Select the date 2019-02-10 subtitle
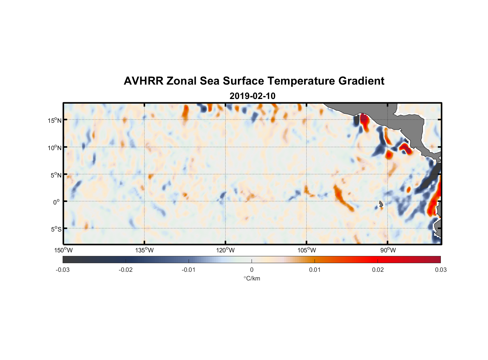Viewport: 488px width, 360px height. coord(252,96)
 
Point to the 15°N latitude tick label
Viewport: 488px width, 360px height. coord(55,120)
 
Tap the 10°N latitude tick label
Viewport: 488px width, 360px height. coord(55,148)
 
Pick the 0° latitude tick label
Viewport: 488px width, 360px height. coord(57,202)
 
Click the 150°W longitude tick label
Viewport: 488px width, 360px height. coord(64,250)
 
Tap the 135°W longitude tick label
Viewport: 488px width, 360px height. coord(145,250)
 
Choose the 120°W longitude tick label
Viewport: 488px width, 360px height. coord(226,250)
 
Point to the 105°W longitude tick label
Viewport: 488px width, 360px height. coord(307,250)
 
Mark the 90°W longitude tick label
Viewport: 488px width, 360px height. coord(388,250)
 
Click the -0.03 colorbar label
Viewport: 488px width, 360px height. coord(63,270)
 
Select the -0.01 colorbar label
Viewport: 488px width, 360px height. coord(189,270)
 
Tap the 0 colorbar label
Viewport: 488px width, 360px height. coord(252,270)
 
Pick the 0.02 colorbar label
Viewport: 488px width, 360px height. coord(378,270)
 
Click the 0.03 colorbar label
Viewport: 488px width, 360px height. coord(440,270)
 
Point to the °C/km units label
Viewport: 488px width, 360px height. coord(252,278)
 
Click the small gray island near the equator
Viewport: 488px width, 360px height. coord(381,204)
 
